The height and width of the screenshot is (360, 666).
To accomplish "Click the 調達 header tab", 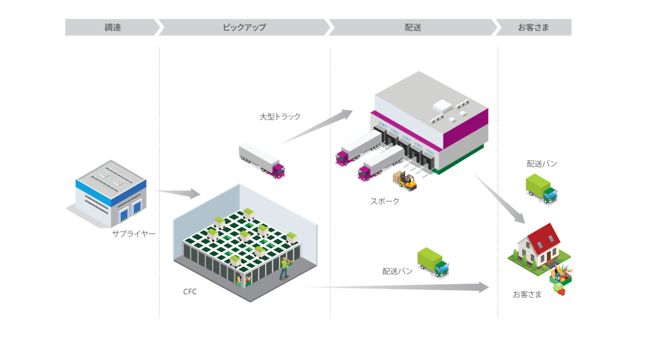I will point(112,27).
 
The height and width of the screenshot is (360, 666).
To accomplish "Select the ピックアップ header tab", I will point(244,27).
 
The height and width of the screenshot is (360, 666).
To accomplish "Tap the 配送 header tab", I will point(413,27).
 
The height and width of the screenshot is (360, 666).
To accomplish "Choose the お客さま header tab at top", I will point(533,27).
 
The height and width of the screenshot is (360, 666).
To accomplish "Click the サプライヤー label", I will point(133,233).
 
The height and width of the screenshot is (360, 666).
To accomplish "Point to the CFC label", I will point(190,292).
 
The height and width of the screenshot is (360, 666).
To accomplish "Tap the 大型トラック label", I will point(280,117).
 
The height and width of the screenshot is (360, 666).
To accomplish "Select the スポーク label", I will point(385,201).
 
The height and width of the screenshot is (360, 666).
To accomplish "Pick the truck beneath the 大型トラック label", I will point(262,160).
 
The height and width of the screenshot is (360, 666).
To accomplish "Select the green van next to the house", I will point(541,188).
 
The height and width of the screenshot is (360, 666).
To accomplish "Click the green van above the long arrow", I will point(433,262).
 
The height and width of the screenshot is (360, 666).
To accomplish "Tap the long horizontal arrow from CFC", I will point(398,288).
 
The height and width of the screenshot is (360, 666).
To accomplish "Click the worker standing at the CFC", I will point(285,268).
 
